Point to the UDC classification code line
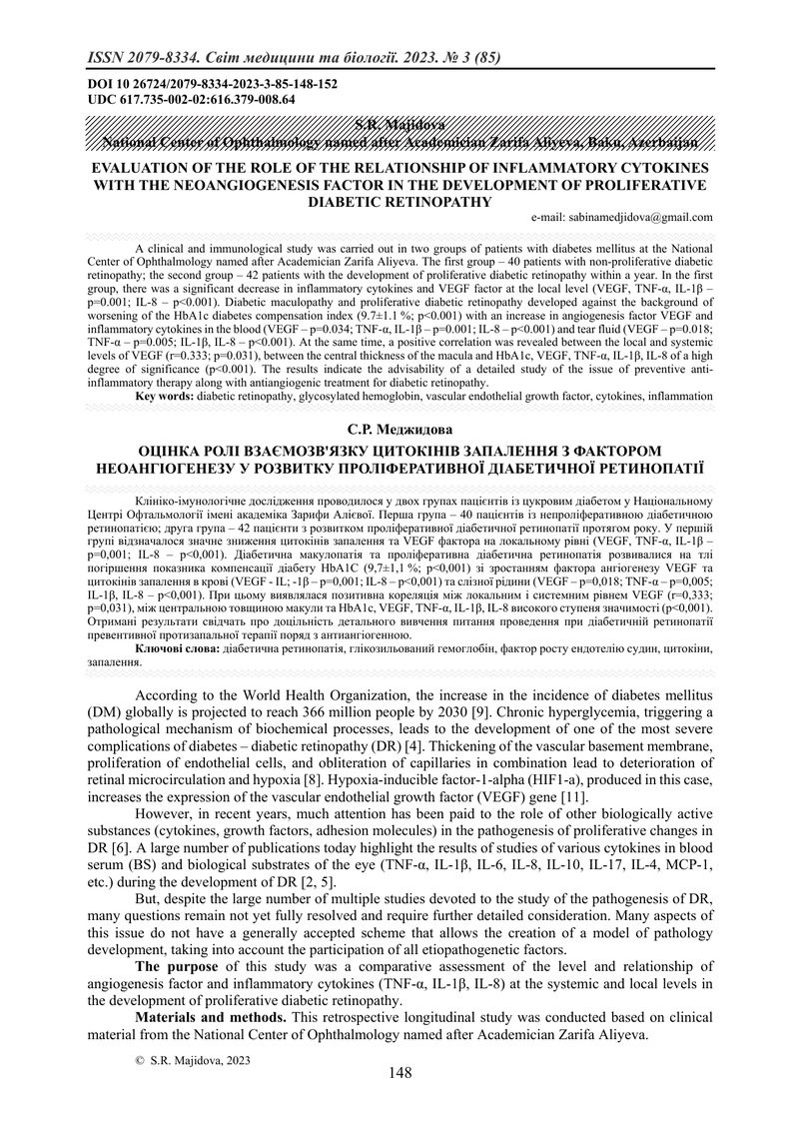click(x=190, y=100)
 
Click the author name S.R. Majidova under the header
click(x=399, y=123)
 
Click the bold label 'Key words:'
click(x=167, y=397)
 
